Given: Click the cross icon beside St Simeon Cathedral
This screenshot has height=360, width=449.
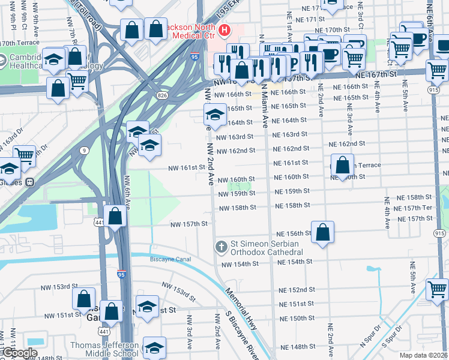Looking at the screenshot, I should pos(220,247).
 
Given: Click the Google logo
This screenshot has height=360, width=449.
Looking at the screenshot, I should pos(19,353).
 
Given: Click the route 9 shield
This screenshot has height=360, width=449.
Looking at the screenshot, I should pos(85,150).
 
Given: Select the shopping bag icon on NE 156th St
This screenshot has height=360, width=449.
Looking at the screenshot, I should pos(322,233).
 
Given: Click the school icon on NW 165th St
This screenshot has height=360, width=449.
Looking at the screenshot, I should pos(215,113).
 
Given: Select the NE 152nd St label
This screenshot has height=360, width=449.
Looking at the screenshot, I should pos(297,290).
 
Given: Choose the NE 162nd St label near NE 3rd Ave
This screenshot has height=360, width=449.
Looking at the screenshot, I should pos(347,144).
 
